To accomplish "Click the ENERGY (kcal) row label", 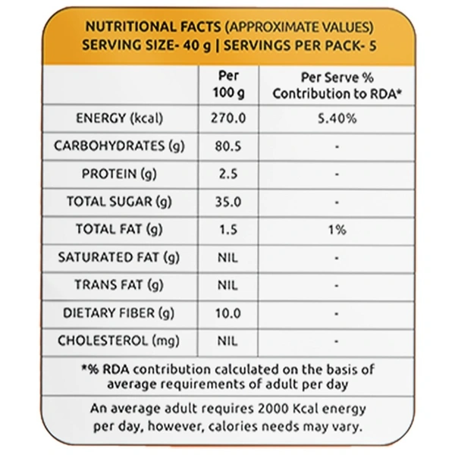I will pos(120,119).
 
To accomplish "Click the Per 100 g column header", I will pos(228,84).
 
